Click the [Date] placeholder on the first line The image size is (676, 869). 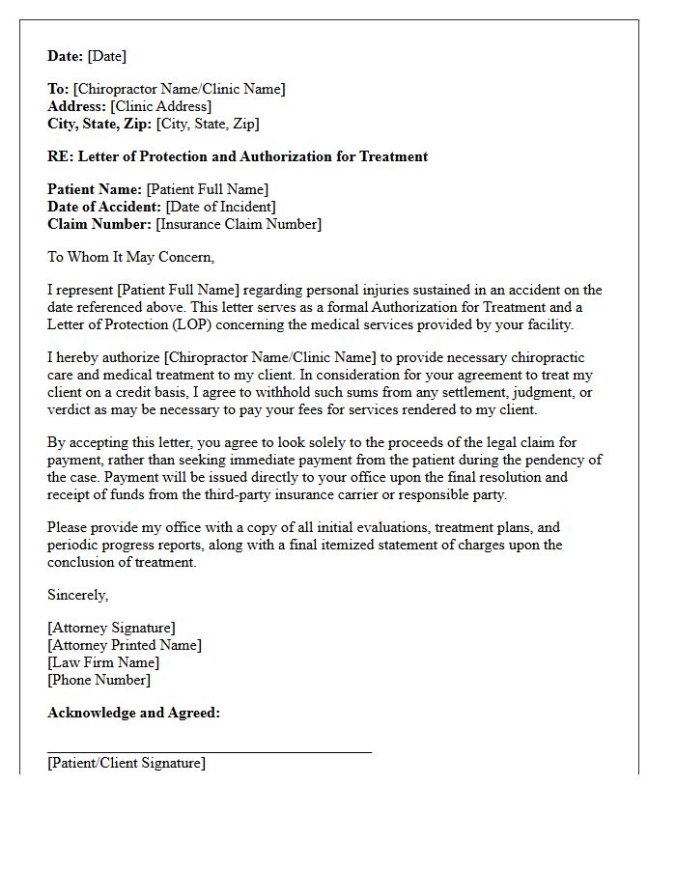pos(106,56)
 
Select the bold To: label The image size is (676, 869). pos(58,89)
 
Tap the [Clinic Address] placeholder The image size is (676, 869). pos(161,106)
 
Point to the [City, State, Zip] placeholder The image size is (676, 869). pos(208,124)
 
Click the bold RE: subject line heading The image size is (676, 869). pos(238,156)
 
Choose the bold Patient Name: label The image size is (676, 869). pos(95,189)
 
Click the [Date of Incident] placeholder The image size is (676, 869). pos(220,207)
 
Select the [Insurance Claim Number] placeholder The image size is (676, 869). pos(239,224)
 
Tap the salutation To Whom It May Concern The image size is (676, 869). pos(131,257)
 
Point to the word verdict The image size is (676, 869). pos(70,409)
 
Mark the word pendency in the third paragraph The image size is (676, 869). pos(553,460)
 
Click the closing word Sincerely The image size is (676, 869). pos(78,595)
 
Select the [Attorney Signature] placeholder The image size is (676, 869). pos(111,628)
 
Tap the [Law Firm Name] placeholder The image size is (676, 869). pos(103,662)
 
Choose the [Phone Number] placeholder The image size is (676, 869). pos(99,680)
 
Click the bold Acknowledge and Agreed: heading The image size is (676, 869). pos(133,713)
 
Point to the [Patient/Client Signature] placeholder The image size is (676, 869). pos(126,763)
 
